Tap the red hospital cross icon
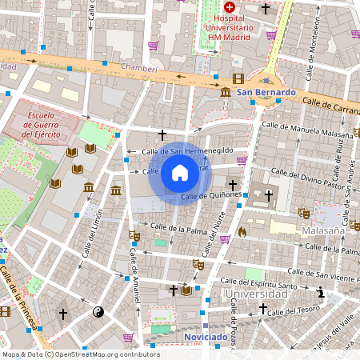(229, 6)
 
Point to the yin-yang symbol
(98, 313)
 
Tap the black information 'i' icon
(321, 293)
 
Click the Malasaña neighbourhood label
(323, 230)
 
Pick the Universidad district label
(255, 294)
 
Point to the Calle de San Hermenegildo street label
(187, 150)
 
